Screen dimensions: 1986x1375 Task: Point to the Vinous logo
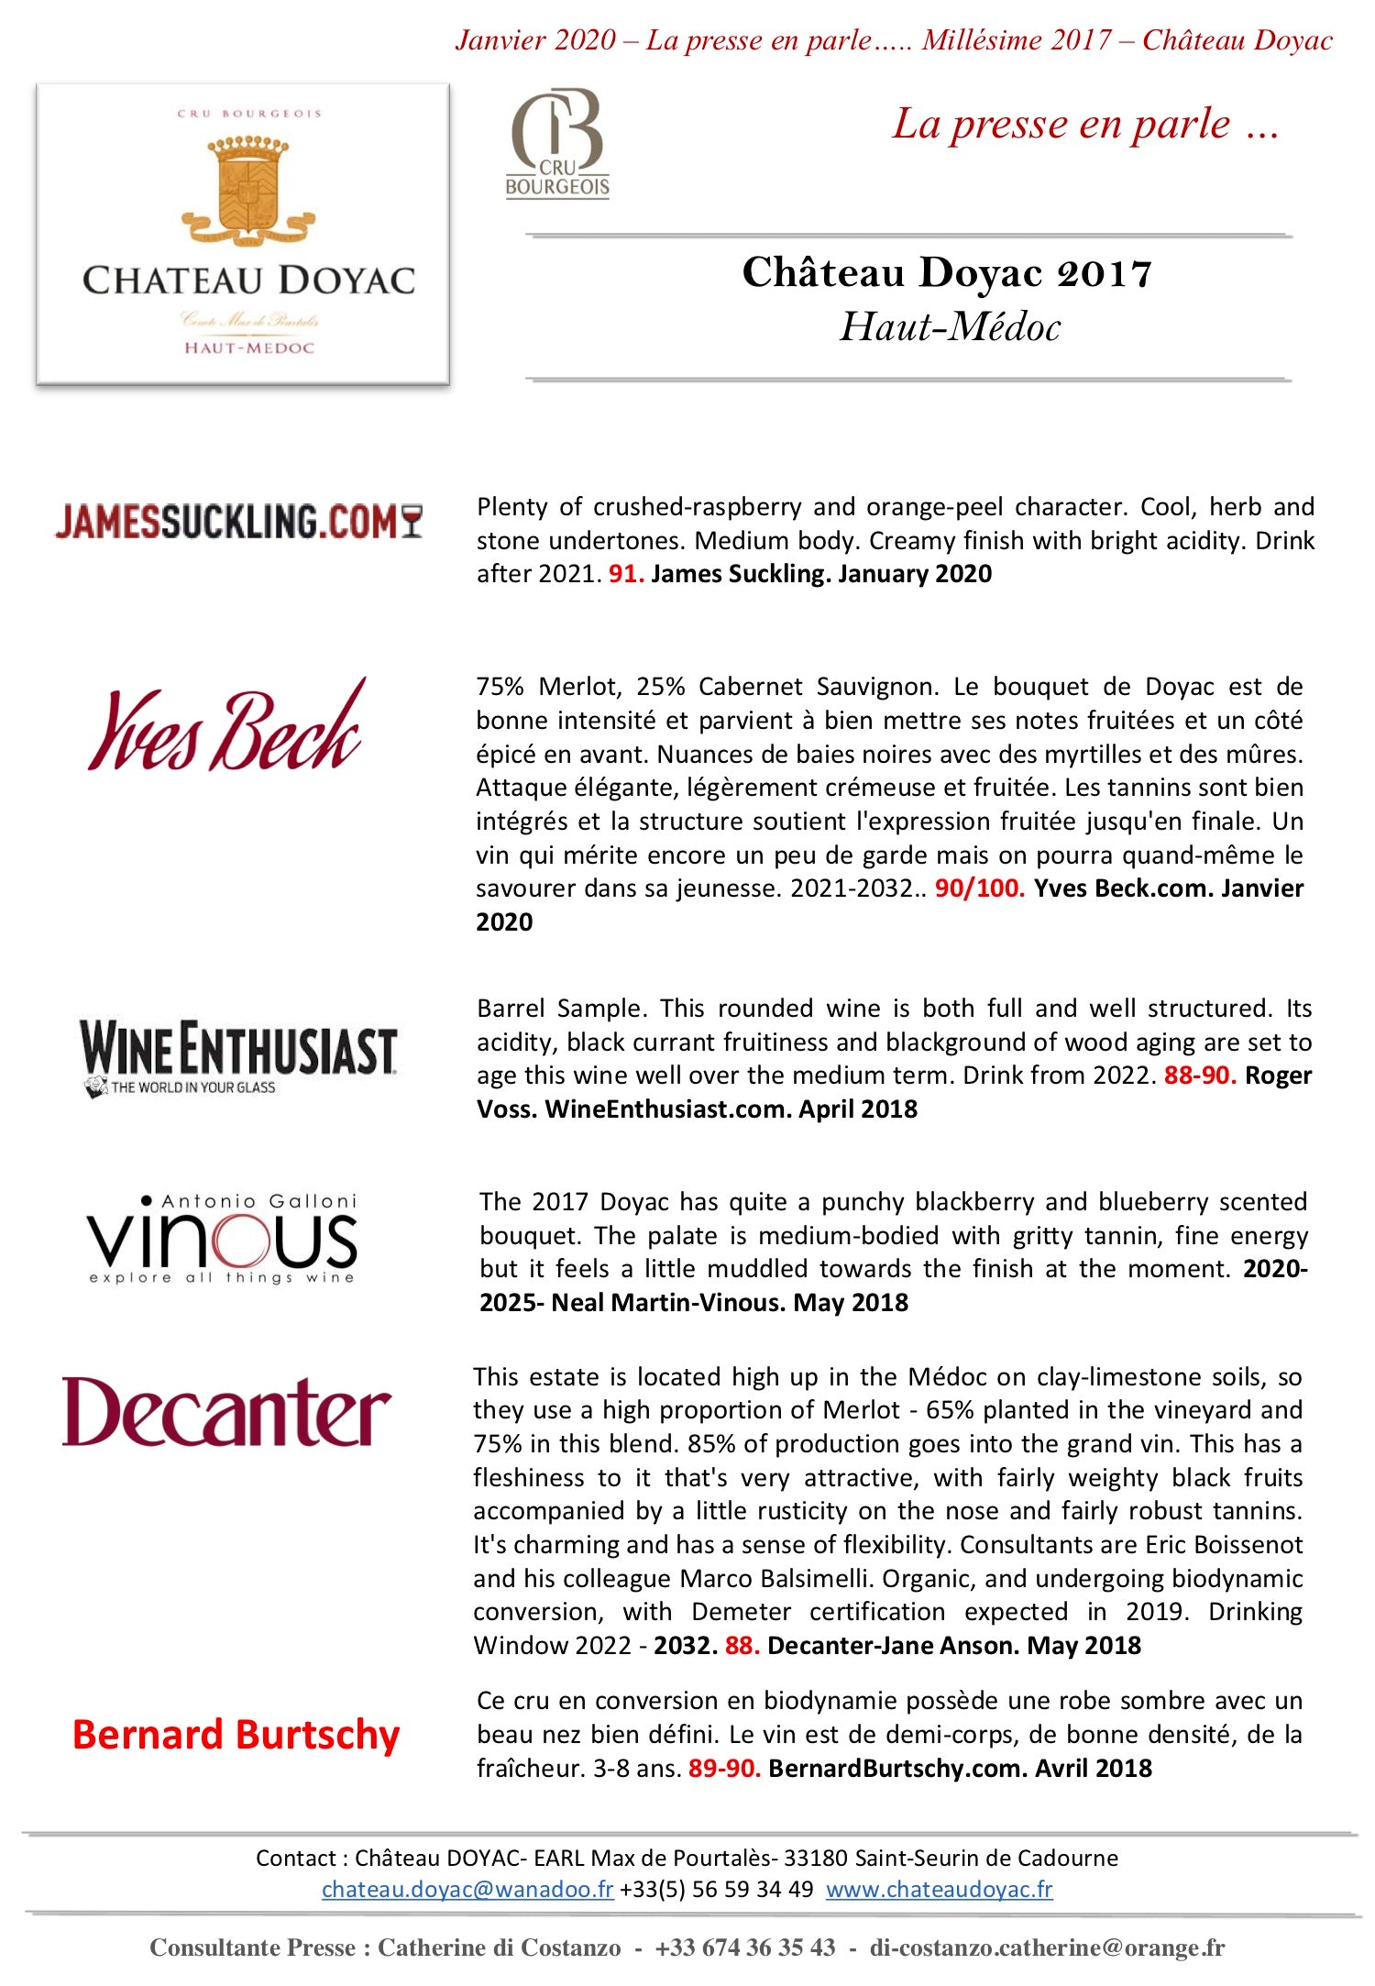[x=223, y=1239]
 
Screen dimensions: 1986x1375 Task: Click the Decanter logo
[x=226, y=1413]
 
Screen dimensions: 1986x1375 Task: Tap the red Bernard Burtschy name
[x=236, y=1735]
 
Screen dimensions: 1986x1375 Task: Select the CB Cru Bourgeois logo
[x=557, y=143]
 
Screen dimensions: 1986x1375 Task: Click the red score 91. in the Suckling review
[x=626, y=574]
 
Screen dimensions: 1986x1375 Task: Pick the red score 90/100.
[x=979, y=888]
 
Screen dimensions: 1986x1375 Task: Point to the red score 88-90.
[x=1200, y=1076]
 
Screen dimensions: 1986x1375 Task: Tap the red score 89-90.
[x=724, y=1769]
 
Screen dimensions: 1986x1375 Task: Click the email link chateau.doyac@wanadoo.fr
[x=467, y=1889]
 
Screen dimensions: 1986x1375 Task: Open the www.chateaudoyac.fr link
[x=939, y=1889]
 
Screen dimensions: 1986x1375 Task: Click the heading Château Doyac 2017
[x=947, y=273]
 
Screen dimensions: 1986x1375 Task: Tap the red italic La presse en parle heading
[x=1085, y=124]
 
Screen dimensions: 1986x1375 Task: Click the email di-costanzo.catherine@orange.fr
[x=1047, y=1947]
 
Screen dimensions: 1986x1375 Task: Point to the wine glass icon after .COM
[x=412, y=521]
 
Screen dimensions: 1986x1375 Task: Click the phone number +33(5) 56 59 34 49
[x=717, y=1889]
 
